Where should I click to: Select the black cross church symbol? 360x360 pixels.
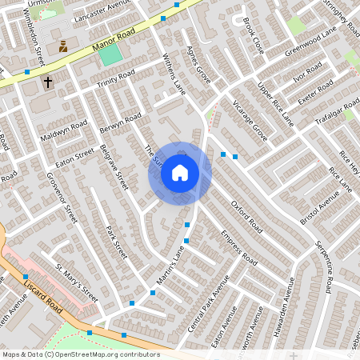[x=47, y=82]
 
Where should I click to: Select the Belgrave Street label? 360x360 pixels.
[x=114, y=166]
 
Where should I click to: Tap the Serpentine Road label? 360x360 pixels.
[x=323, y=264]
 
